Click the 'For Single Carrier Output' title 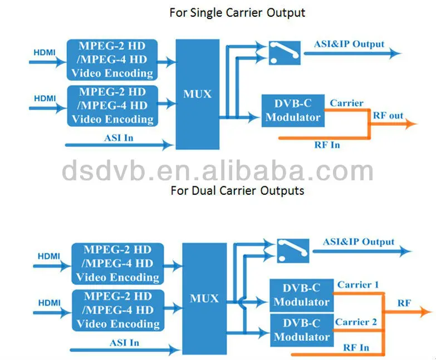coord(237,13)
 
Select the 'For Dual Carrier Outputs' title coord(237,190)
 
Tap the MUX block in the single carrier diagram coord(198,94)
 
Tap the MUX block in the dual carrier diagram coord(204,299)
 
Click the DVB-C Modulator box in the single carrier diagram coord(293,111)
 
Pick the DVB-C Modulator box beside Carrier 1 coord(302,295)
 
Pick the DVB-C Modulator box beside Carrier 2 coord(302,331)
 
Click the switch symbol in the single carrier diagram coord(285,53)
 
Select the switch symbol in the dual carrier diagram coord(293,250)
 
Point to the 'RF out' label coord(388,115)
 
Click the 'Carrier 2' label coord(356,322)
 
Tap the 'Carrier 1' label coord(358,285)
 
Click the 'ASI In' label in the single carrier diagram coord(119,138)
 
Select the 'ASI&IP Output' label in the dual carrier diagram coord(359,242)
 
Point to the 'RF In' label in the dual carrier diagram coord(356,348)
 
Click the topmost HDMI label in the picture coord(45,52)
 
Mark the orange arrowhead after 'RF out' coord(411,124)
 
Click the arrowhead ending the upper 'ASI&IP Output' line coord(395,53)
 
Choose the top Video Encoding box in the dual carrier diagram coord(117,264)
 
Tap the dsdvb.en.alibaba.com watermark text coord(218,170)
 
